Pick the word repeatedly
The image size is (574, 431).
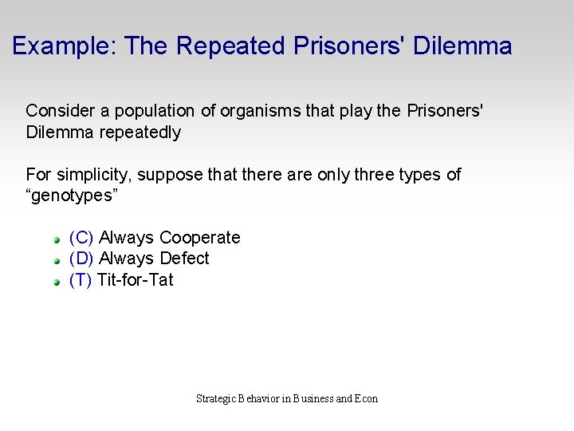[x=140, y=132]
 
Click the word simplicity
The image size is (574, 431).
[x=85, y=175]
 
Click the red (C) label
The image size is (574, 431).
[x=81, y=238]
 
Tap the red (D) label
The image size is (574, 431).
[x=81, y=259]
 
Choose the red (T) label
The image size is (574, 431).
[x=81, y=280]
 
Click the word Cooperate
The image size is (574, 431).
[x=200, y=238]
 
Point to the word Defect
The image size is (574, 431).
[x=184, y=259]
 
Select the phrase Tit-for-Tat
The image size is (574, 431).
[x=135, y=280]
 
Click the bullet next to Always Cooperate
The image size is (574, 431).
[x=57, y=239]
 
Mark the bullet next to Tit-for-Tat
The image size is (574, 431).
[x=57, y=282]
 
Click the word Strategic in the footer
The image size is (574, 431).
[x=216, y=398]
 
